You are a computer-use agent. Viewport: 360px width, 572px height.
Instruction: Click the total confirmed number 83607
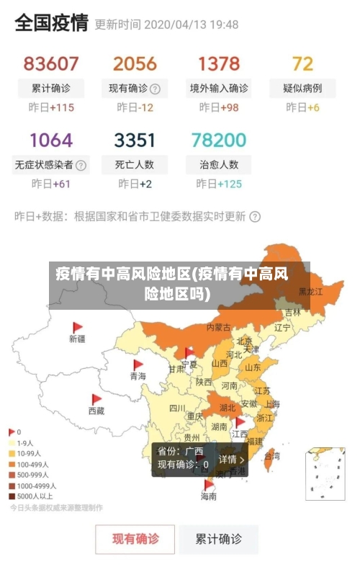(x=51, y=63)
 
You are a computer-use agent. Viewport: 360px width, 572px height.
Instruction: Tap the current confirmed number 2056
(x=135, y=63)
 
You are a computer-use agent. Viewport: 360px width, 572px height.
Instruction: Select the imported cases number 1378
(x=219, y=63)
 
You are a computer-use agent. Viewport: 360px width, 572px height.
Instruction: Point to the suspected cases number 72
(x=302, y=63)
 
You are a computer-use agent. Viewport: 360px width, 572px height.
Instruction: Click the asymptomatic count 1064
(x=51, y=139)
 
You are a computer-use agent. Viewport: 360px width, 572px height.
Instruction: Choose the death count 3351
(x=135, y=139)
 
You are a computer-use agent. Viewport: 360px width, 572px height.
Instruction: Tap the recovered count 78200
(x=219, y=139)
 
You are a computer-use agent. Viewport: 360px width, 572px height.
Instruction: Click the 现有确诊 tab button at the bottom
(x=135, y=538)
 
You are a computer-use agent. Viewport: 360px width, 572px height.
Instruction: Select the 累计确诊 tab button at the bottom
(x=219, y=538)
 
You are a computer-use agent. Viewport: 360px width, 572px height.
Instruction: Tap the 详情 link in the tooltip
(x=231, y=459)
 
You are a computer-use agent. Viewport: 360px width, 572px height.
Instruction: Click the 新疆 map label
(x=77, y=338)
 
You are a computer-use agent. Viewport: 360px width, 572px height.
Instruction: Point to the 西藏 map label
(x=96, y=411)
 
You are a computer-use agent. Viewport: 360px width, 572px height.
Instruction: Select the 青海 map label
(x=138, y=376)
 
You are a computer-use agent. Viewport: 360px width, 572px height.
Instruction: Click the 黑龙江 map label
(x=310, y=292)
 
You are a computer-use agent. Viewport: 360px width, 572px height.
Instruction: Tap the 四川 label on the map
(x=177, y=408)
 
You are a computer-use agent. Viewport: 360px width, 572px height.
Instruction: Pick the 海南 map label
(x=208, y=496)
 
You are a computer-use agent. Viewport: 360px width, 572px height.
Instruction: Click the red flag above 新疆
(x=78, y=327)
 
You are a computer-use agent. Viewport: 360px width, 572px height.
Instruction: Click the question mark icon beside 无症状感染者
(x=81, y=165)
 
